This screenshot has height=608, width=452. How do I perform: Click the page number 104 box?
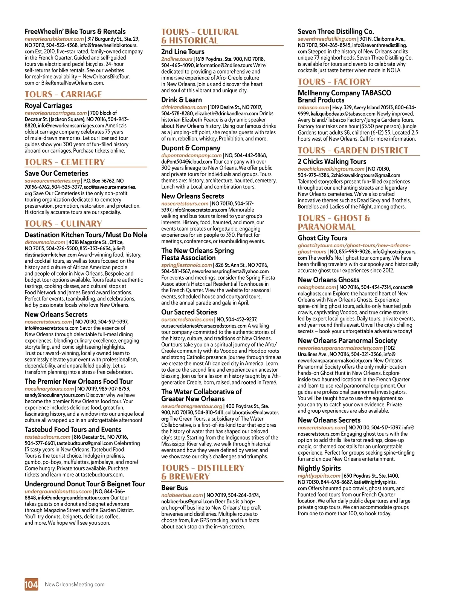coord(31,584)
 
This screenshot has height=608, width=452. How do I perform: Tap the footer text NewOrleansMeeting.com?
coord(75,584)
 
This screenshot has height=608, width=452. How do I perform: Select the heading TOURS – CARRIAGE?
coord(63,94)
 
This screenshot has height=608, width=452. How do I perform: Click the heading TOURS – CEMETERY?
coord(65,162)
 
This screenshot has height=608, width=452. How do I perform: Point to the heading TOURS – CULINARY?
coord(63,224)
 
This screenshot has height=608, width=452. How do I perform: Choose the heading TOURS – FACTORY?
coord(334,82)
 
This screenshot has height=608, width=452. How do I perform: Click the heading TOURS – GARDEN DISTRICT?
coord(353,150)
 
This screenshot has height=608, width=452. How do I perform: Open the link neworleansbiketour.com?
coord(54,39)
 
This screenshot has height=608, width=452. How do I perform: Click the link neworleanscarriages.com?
coord(56,113)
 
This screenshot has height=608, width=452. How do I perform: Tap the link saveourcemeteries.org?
coord(52,181)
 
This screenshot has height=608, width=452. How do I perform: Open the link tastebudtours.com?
coord(47,437)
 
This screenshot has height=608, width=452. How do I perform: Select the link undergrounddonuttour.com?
coord(58,492)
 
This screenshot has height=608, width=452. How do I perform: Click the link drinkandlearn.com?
coord(184,107)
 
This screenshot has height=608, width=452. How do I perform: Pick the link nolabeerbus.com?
coord(182,495)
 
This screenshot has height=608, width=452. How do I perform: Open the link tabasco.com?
coord(313,107)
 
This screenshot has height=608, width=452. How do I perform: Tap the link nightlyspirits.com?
coord(319,476)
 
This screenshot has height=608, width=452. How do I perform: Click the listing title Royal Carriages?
coord(49,106)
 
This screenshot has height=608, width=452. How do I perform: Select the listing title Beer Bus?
coord(174,487)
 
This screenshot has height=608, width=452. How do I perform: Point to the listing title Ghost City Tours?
coord(322,238)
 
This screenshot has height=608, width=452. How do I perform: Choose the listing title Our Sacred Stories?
coord(189,312)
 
